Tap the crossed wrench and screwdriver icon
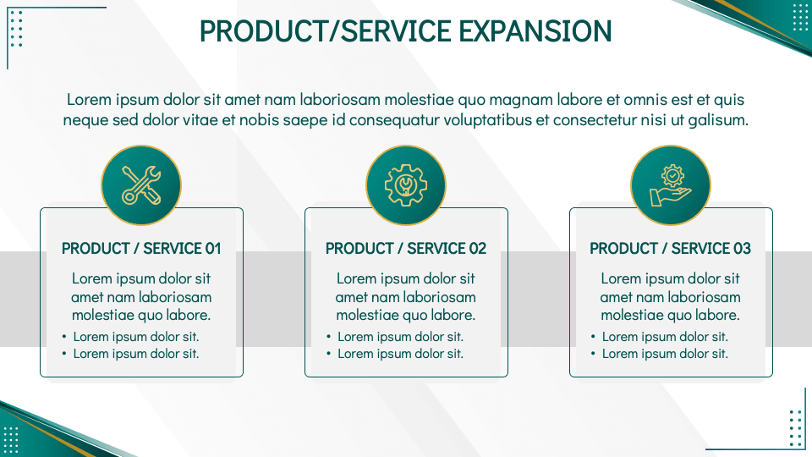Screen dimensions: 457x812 pyautogui.click(x=141, y=185)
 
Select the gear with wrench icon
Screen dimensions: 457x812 pyautogui.click(x=406, y=185)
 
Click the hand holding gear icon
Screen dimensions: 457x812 pyautogui.click(x=671, y=185)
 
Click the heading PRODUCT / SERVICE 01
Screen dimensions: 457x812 pyautogui.click(x=141, y=249)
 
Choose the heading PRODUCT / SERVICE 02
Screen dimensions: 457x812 pyautogui.click(x=406, y=249)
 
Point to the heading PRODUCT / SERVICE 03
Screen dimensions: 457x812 pyautogui.click(x=670, y=249)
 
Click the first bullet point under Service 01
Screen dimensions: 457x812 pyautogui.click(x=135, y=337)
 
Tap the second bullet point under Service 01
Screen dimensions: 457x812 pyautogui.click(x=135, y=354)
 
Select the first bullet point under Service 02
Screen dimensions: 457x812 pyautogui.click(x=400, y=337)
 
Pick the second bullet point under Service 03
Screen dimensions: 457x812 pyautogui.click(x=665, y=354)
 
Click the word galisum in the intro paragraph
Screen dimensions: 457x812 pyautogui.click(x=717, y=120)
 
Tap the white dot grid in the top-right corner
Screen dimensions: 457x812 pyautogui.click(x=800, y=17)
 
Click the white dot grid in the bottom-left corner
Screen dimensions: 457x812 pyautogui.click(x=11, y=439)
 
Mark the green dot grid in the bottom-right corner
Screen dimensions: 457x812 pyautogui.click(x=795, y=427)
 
